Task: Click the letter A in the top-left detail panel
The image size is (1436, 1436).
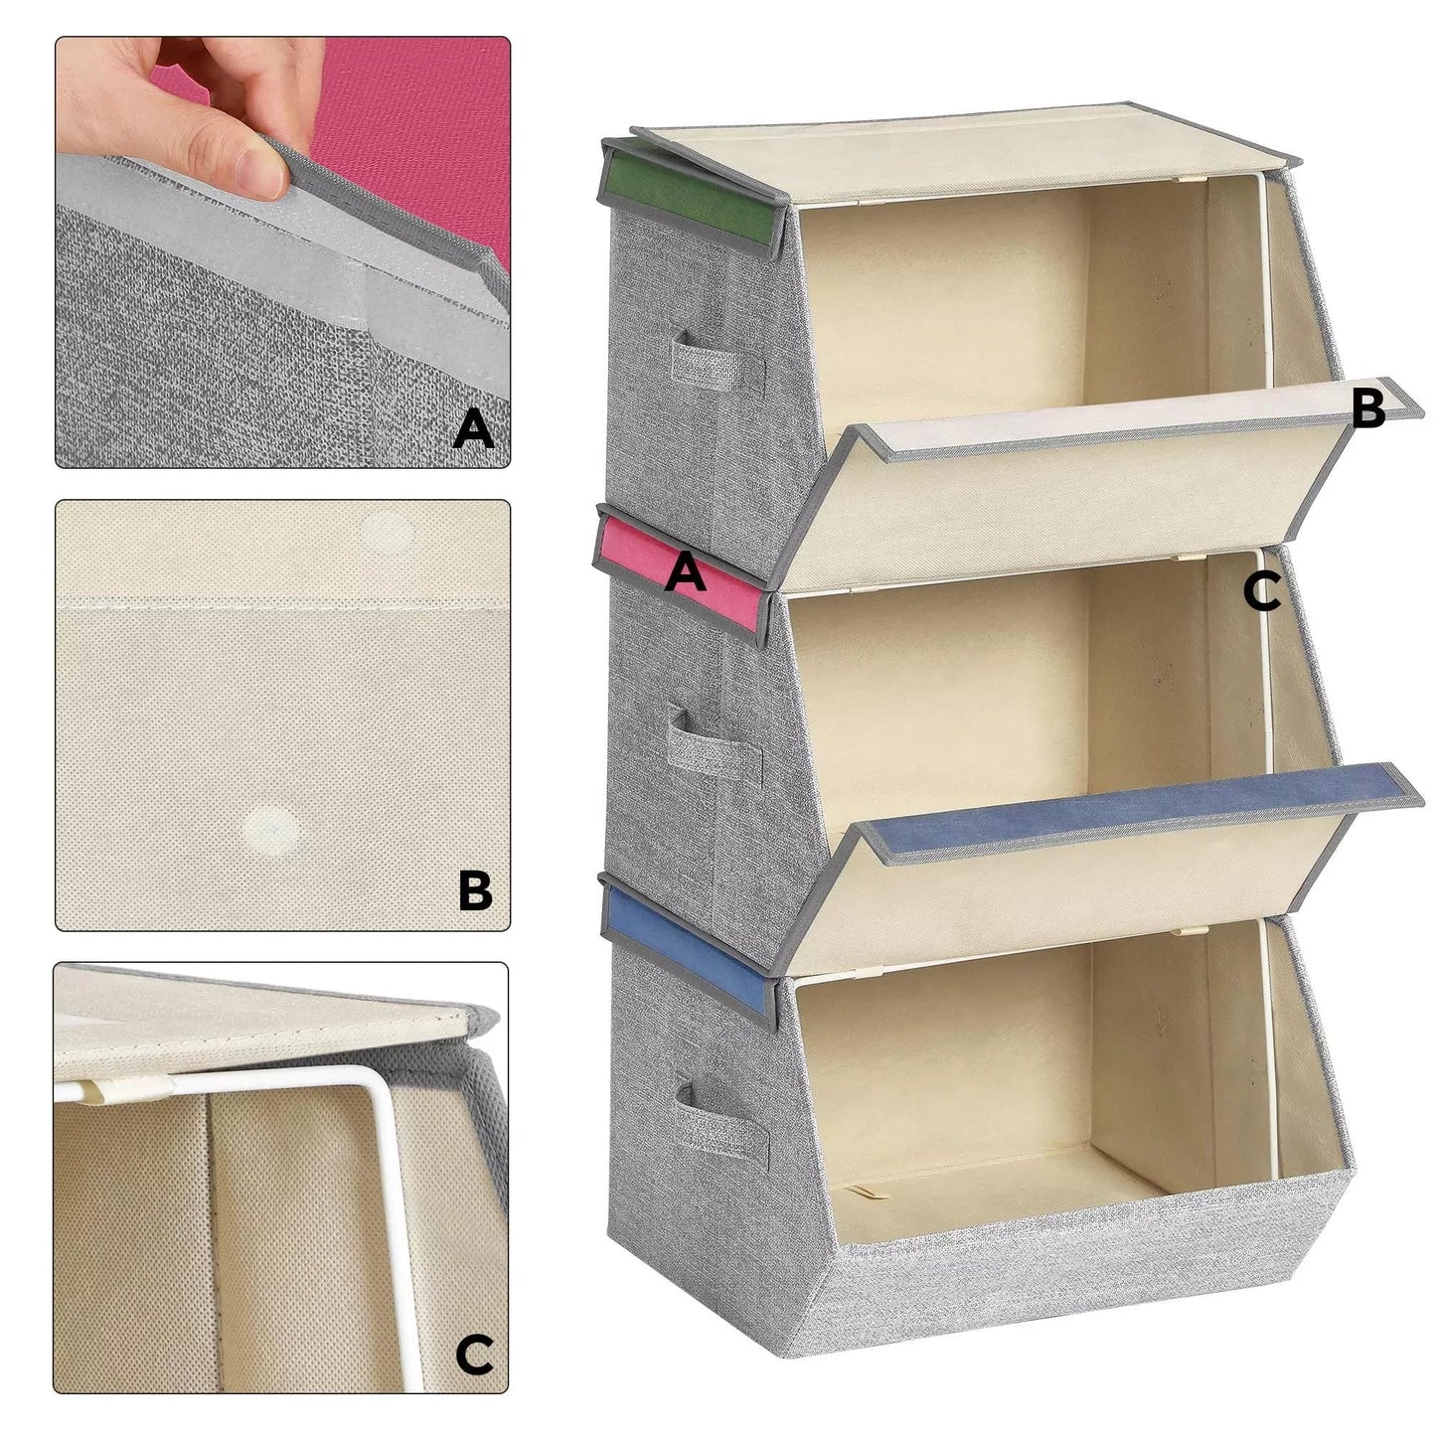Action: [x=473, y=430]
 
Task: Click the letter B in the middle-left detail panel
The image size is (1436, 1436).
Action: [x=475, y=891]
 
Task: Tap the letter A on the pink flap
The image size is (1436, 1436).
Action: [x=686, y=573]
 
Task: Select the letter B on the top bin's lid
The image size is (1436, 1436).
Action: [x=1368, y=407]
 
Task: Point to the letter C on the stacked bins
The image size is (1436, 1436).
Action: [x=1261, y=592]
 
